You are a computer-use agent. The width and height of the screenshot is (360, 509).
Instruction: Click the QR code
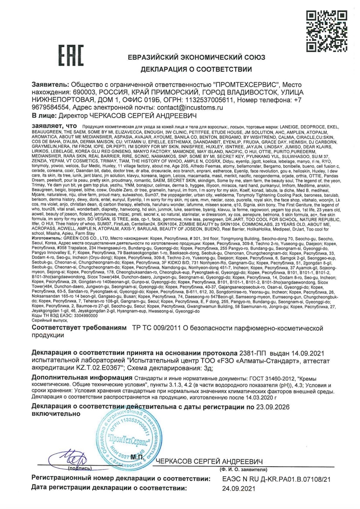tap(326, 31)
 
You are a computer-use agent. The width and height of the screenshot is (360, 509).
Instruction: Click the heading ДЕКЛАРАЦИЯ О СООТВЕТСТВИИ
tap(196, 69)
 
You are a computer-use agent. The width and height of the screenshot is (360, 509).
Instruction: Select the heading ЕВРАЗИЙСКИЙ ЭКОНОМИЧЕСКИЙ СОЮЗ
tap(201, 57)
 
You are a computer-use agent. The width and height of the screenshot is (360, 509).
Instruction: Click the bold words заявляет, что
tap(54, 126)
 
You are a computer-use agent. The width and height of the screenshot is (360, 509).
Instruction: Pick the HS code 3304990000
tap(86, 316)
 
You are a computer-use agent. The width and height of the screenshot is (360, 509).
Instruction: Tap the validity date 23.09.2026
tap(273, 407)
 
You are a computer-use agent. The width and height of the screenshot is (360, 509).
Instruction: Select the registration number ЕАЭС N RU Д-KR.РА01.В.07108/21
tap(276, 479)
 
